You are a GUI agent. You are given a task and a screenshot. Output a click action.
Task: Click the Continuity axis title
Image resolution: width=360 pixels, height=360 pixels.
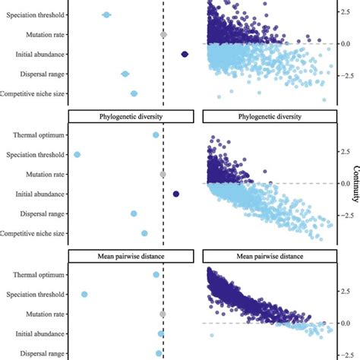[355, 185]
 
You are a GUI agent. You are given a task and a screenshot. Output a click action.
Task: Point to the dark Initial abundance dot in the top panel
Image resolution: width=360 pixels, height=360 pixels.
[185, 54]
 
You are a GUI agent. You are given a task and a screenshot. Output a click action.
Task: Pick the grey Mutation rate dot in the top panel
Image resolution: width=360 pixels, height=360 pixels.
[163, 34]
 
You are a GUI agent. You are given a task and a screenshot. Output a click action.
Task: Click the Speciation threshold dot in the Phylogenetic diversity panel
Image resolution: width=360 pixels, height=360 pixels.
[77, 155]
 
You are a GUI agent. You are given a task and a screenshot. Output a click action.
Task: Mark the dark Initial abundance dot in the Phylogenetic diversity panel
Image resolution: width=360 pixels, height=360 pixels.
[176, 194]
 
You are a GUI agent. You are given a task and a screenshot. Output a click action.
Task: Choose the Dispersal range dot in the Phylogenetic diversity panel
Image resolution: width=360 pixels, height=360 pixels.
[134, 214]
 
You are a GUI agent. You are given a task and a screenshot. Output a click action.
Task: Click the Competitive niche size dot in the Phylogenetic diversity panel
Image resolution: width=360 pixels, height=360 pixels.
[144, 233]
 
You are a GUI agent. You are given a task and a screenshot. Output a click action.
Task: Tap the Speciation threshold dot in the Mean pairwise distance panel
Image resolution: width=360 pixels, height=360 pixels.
[84, 295]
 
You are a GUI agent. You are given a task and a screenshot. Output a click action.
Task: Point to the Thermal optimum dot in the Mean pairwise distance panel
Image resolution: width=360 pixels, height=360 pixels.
[156, 275]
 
